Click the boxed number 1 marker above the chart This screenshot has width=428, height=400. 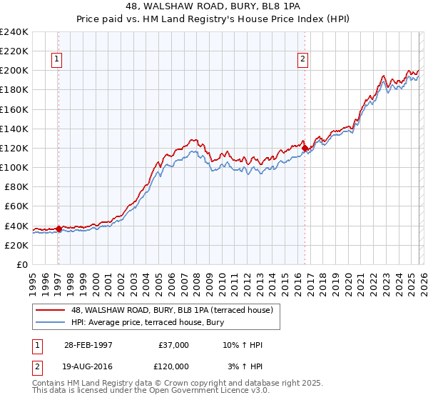point(57,59)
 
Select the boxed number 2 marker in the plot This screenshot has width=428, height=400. point(303,59)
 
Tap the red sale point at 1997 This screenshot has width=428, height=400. point(58,229)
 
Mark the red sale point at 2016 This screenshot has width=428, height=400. point(305,148)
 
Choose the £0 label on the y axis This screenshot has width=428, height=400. point(23,264)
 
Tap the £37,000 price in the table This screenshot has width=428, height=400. point(173,345)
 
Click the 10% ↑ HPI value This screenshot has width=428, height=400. point(243,345)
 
